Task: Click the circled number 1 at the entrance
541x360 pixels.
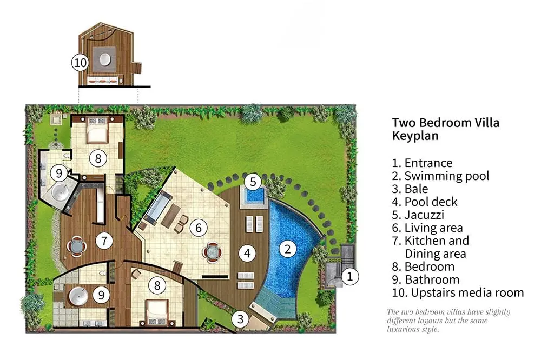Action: [x=350, y=277]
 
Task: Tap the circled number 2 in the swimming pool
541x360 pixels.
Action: [x=287, y=249]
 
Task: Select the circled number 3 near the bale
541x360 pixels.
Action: [x=240, y=319]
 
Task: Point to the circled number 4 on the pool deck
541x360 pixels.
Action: [x=247, y=254]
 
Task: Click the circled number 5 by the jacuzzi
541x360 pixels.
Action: [x=253, y=182]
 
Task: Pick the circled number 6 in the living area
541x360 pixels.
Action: [x=199, y=228]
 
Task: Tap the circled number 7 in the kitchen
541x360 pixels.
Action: [x=104, y=241]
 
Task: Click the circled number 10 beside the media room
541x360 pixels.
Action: [x=80, y=63]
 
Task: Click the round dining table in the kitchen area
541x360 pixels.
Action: [x=77, y=246]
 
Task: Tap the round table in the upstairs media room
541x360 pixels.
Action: [x=105, y=59]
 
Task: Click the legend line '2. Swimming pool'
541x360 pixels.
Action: [x=440, y=176]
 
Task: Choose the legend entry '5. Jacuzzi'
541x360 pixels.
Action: [x=418, y=215]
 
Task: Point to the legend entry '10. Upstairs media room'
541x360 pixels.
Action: [x=458, y=292]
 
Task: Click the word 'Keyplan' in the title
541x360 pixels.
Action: [x=415, y=136]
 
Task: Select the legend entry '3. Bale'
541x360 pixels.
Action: [x=410, y=189]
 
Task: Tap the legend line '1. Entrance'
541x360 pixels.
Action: [x=422, y=163]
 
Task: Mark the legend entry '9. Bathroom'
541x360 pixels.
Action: [x=425, y=279]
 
